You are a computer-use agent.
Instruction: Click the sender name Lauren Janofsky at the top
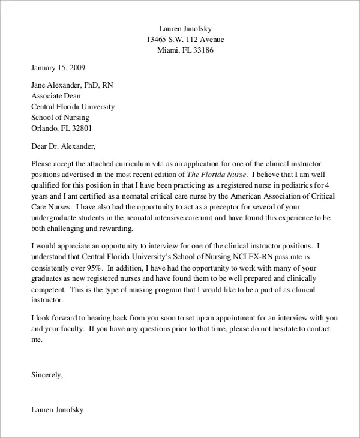click(x=185, y=28)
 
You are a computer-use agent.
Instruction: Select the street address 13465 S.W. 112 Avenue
click(x=185, y=39)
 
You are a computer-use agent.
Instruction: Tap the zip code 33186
click(x=202, y=50)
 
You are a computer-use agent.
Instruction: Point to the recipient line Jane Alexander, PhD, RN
click(x=71, y=85)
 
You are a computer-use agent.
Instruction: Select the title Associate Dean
click(x=55, y=96)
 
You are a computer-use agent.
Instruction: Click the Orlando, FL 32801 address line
click(x=61, y=128)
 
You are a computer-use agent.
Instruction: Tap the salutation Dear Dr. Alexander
click(x=62, y=145)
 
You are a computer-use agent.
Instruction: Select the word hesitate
click(x=284, y=328)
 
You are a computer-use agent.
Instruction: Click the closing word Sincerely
click(x=46, y=374)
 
